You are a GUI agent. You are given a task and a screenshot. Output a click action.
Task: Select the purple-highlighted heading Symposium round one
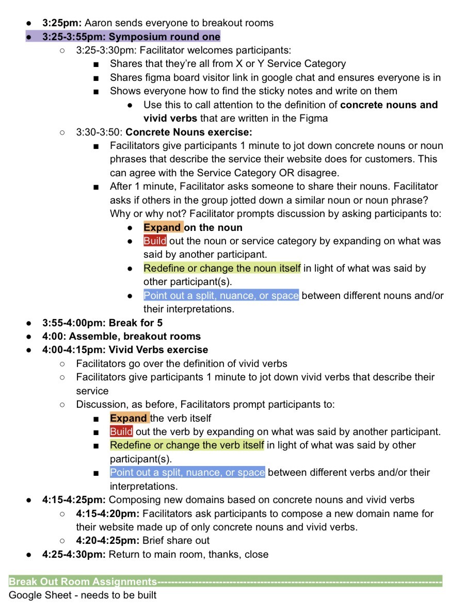pyautogui.click(x=165, y=37)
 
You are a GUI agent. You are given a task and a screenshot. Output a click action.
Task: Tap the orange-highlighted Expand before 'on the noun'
pyautogui.click(x=163, y=227)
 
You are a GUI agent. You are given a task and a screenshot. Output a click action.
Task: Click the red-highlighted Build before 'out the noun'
pyautogui.click(x=155, y=241)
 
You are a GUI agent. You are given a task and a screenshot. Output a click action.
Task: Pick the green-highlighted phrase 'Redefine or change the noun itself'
pyautogui.click(x=222, y=268)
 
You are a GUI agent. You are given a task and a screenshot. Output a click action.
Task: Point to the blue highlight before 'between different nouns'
pyautogui.click(x=221, y=295)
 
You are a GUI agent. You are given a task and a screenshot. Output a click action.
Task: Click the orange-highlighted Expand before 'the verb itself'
pyautogui.click(x=128, y=418)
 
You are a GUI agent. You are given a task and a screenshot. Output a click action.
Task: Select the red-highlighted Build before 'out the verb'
pyautogui.click(x=121, y=432)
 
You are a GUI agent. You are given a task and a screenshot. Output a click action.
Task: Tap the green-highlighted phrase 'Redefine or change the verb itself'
pyautogui.click(x=187, y=445)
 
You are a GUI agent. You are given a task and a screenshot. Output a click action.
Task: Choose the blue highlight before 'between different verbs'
pyautogui.click(x=187, y=472)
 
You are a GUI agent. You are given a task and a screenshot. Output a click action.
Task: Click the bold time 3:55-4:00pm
pyautogui.click(x=74, y=323)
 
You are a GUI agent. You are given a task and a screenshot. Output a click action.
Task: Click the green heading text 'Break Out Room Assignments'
pyautogui.click(x=83, y=582)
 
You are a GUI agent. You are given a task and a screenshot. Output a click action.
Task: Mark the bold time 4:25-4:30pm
pyautogui.click(x=74, y=554)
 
